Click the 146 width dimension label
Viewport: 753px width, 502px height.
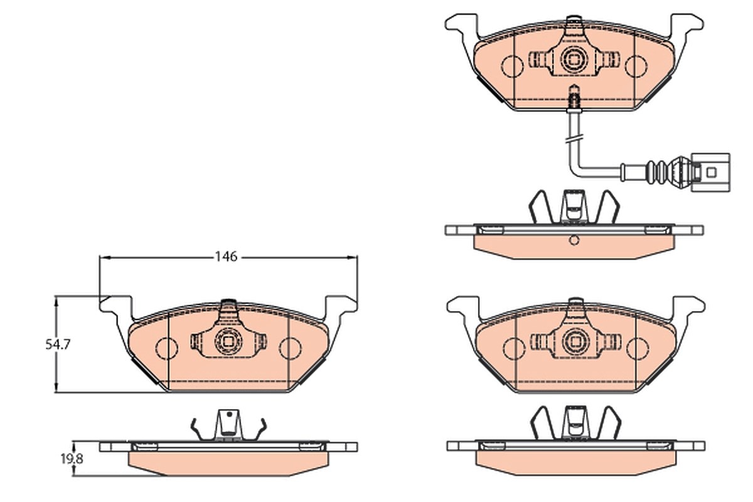coord(227,257)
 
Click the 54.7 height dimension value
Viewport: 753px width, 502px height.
coord(58,344)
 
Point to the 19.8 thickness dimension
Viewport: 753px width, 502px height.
coord(72,459)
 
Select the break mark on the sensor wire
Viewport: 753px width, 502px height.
coord(575,139)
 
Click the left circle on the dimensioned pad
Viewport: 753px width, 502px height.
coord(166,348)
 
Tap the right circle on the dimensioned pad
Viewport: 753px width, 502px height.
coord(290,348)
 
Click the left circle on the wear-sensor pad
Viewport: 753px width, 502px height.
coord(512,66)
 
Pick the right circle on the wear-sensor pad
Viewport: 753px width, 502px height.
coord(636,66)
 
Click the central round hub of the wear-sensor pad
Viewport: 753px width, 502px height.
coord(574,60)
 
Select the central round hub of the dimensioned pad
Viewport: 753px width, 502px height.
coord(228,341)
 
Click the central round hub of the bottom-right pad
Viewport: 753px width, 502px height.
coord(575,341)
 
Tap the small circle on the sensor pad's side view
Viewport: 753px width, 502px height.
coord(574,240)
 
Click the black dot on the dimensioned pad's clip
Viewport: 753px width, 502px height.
coord(229,415)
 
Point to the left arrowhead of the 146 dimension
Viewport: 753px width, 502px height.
coord(105,257)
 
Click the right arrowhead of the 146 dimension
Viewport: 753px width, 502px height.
coord(352,257)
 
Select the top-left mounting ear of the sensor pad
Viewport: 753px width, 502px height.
coord(462,24)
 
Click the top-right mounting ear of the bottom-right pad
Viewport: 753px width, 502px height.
coord(688,307)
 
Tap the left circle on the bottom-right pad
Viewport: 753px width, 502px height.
coord(514,348)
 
